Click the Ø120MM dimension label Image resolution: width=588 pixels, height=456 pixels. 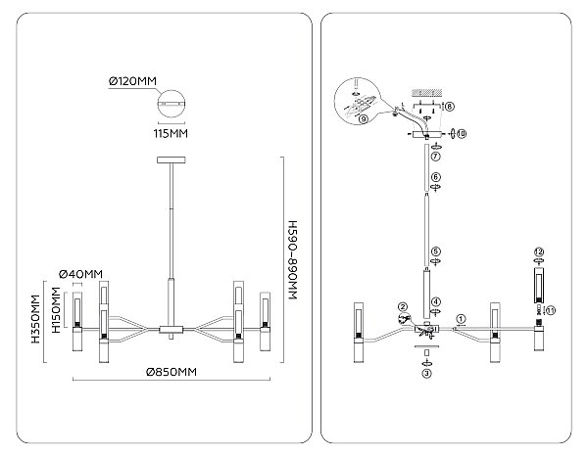coord(132,81)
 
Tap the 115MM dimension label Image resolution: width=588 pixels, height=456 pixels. coord(171,133)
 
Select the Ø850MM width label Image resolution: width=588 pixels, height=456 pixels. coord(171,372)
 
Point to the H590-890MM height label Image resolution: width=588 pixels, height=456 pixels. coord(292,260)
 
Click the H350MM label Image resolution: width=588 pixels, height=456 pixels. coord(35,319)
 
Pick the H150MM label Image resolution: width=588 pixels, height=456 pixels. coord(56,310)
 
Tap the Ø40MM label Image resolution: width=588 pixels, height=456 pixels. coord(81,274)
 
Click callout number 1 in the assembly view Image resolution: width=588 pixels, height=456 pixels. coord(461,319)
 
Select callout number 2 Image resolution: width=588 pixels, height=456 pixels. coord(403,307)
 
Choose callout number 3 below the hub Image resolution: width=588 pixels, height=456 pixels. coord(426,373)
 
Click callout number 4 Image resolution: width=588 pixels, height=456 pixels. coord(436,301)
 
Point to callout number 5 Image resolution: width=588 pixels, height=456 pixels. coord(436,251)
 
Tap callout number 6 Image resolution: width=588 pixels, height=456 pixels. coord(436,177)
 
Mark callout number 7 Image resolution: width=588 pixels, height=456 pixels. coord(435,157)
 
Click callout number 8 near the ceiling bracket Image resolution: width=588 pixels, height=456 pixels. coord(449,107)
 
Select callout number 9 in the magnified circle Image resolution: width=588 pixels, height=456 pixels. coord(363,119)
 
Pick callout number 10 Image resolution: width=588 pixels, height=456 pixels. coord(462,133)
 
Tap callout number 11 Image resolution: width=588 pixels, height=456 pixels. coord(551,310)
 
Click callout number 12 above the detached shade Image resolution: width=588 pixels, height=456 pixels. coord(540,251)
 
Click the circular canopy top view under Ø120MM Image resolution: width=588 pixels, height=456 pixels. coord(171,104)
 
